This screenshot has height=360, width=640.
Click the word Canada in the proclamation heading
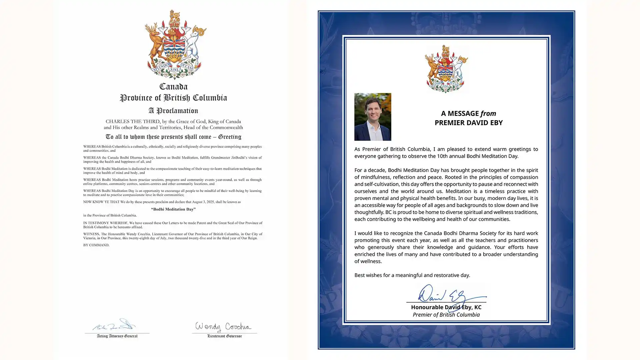point(173,87)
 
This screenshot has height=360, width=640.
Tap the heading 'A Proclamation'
point(173,111)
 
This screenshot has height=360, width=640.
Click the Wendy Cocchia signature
point(223,327)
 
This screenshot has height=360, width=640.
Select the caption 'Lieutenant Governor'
point(224,336)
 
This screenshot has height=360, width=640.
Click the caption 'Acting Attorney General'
point(117,336)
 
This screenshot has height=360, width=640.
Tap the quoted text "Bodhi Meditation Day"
point(173,209)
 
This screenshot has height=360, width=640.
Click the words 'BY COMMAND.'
point(96,245)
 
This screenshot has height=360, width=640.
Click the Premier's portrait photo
point(373,117)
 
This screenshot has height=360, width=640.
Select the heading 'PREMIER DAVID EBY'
point(468,123)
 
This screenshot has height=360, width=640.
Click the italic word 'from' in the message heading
point(488,113)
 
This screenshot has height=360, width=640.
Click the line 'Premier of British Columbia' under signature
point(446,315)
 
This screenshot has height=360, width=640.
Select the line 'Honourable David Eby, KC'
point(446,307)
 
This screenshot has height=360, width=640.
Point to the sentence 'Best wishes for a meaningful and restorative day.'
point(412,275)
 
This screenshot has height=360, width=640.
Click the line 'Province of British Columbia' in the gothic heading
point(173,98)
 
